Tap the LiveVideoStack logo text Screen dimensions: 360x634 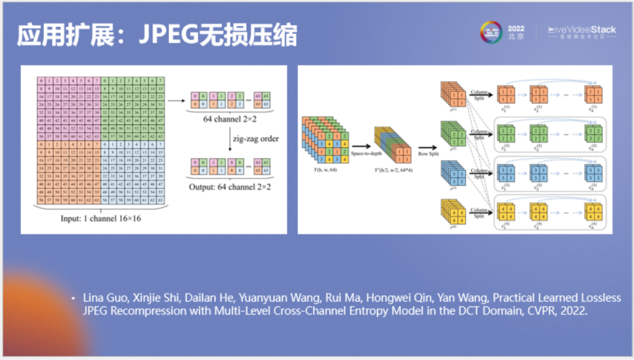click(582, 29)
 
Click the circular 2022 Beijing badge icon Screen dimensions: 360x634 click(492, 33)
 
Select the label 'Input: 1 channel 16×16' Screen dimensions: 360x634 click(101, 218)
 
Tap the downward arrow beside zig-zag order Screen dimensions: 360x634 click(231, 139)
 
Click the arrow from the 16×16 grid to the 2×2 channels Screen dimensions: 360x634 click(176, 101)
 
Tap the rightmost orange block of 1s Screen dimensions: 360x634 click(593, 94)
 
